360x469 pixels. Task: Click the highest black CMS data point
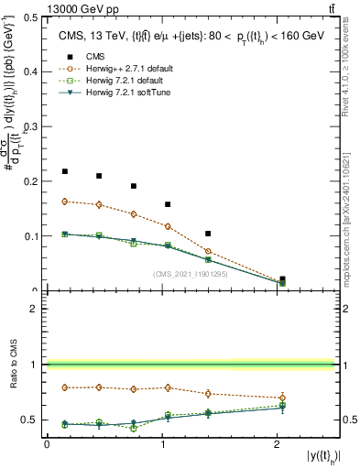(64, 171)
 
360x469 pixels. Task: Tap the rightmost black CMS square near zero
(282, 279)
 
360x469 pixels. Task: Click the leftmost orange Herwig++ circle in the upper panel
(64, 202)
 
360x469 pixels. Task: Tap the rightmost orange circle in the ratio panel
(282, 398)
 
